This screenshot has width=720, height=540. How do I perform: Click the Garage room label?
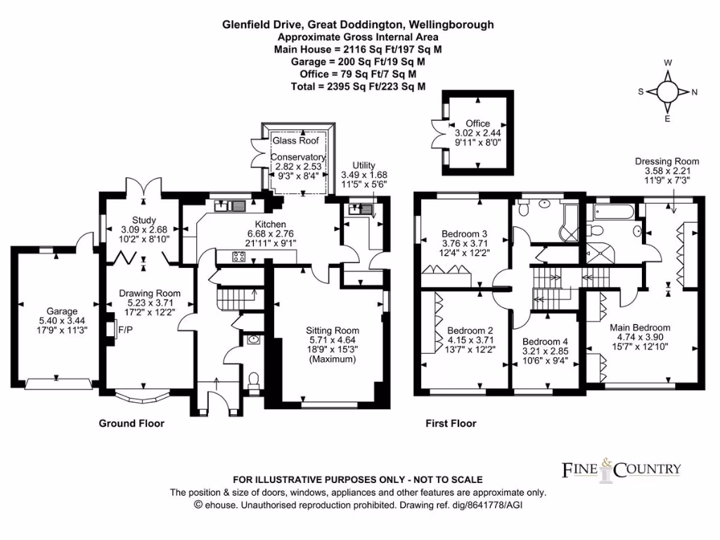[x=62, y=311]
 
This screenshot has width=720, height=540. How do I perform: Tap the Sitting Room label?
[x=333, y=330]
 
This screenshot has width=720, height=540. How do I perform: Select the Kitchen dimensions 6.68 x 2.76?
[x=271, y=233]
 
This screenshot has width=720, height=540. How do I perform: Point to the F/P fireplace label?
[x=125, y=330]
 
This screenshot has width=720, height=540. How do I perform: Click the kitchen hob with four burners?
[x=239, y=257]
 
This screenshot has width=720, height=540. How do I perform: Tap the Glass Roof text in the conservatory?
[x=296, y=141]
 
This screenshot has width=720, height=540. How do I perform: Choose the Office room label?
[x=477, y=123]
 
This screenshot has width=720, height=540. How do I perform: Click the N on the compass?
[x=694, y=92]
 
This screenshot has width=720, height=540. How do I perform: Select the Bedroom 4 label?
[x=545, y=342]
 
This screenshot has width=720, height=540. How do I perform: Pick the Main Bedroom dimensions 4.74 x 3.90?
[x=640, y=337]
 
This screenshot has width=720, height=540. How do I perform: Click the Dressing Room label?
[x=667, y=161]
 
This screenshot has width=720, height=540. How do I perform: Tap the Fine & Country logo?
[x=622, y=470]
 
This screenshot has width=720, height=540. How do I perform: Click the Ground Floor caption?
[x=131, y=423]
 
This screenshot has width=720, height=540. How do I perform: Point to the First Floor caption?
[x=451, y=423]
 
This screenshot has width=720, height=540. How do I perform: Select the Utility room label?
[x=364, y=165]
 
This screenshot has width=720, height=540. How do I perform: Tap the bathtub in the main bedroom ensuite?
[x=614, y=212]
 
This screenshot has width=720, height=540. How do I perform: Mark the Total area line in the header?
[x=358, y=86]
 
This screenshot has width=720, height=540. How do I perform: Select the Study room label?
[x=143, y=220]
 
